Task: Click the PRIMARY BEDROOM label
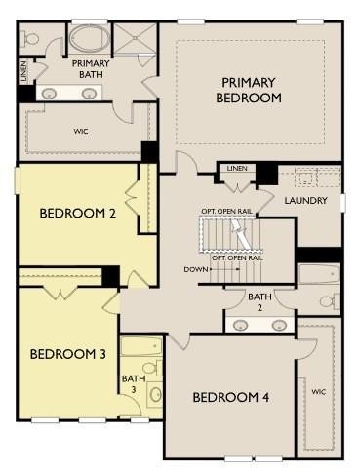tap(249, 90)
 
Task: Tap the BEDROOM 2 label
tap(78, 214)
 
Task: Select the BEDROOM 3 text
tap(68, 354)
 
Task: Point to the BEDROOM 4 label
tap(231, 397)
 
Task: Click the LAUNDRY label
tap(305, 201)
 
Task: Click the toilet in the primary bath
tap(28, 39)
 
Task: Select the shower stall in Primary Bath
tap(136, 38)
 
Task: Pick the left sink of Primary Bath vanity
tap(49, 94)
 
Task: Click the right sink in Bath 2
tap(279, 325)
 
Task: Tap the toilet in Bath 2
tap(329, 300)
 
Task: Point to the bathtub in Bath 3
tap(141, 346)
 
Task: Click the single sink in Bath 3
tap(156, 394)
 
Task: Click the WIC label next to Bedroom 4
tap(319, 392)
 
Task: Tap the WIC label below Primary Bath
tap(81, 132)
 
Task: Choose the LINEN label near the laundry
tap(237, 168)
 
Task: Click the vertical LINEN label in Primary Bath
tap(24, 71)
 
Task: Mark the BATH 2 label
tap(260, 302)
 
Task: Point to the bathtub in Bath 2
tap(319, 274)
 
